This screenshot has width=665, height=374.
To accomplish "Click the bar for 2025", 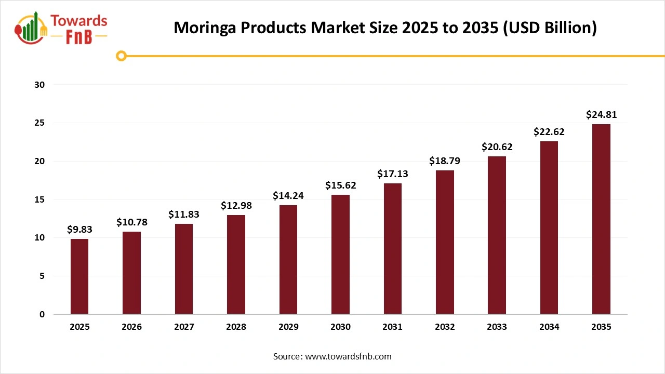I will [x=79, y=276].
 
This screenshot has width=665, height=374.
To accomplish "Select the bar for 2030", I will [x=340, y=255].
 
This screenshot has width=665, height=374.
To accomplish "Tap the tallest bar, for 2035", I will [x=601, y=219].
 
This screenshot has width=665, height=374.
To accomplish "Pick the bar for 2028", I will [x=236, y=264].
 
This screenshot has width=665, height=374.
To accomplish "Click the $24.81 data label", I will [x=601, y=115].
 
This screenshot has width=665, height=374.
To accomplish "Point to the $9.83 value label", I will [x=79, y=230].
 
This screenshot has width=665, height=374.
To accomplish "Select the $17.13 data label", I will [x=392, y=174].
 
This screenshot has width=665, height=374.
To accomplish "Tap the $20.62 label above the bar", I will [x=497, y=147].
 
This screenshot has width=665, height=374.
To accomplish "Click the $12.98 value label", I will [x=236, y=206].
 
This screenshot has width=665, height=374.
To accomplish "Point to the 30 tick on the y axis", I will [x=40, y=85].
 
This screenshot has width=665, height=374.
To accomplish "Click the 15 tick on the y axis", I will [x=40, y=199].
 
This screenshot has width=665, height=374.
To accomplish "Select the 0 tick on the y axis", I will [x=42, y=314].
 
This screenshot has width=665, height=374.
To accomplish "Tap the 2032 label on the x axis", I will [x=445, y=327].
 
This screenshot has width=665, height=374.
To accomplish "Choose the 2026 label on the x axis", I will [x=131, y=327].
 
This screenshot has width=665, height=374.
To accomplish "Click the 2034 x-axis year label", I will [x=549, y=327].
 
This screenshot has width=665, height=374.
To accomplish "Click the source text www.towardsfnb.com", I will [x=348, y=356].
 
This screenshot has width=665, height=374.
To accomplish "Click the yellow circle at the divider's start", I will [x=121, y=56].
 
